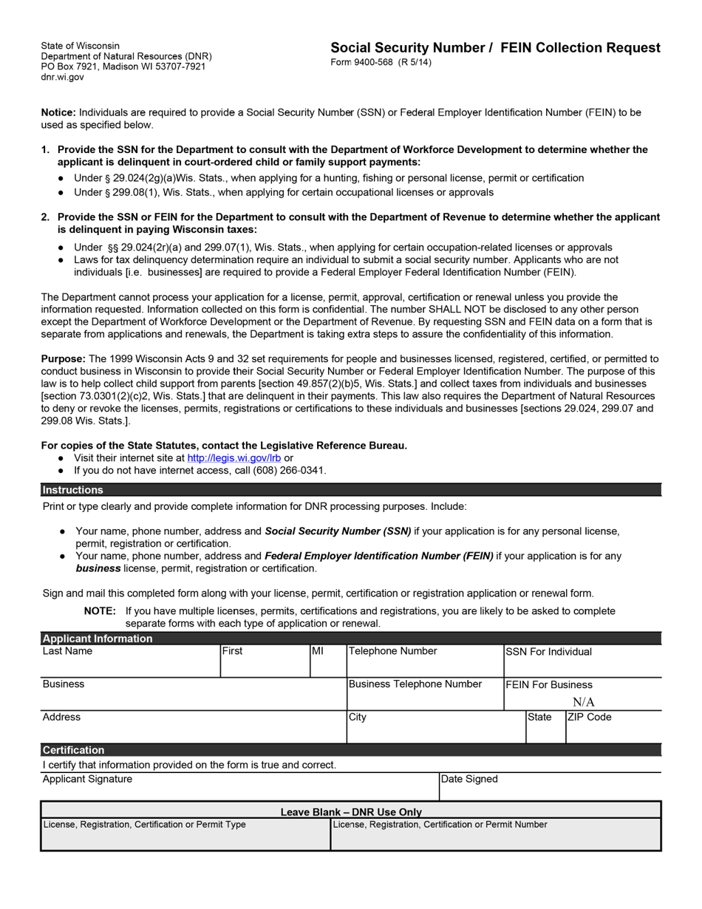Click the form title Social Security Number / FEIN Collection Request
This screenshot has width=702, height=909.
(x=495, y=48)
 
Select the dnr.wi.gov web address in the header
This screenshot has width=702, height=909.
(x=62, y=77)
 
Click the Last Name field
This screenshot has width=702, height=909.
(x=130, y=663)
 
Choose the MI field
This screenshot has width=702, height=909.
(x=327, y=663)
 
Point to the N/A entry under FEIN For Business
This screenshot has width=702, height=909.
(x=583, y=702)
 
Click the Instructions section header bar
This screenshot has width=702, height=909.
(x=350, y=490)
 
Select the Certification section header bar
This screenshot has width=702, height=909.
(x=350, y=750)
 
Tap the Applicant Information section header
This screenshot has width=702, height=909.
(x=98, y=639)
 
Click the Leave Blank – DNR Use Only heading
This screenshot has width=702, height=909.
(x=351, y=811)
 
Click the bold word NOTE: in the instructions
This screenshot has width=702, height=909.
(x=100, y=611)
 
